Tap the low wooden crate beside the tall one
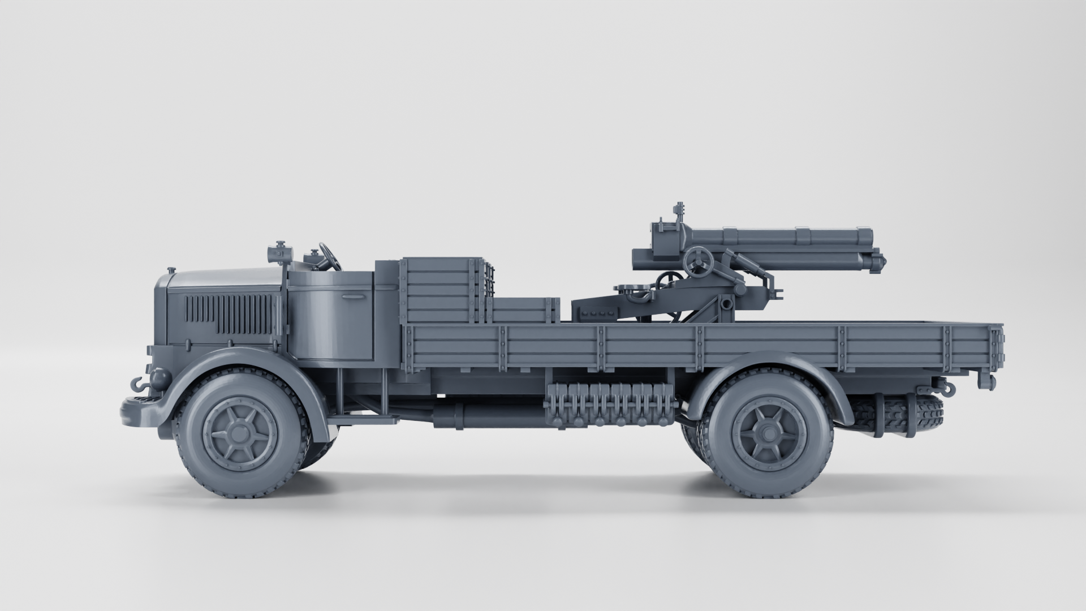pos(523,311)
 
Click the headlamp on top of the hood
pos(279,252)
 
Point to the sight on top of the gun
pos(678,213)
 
